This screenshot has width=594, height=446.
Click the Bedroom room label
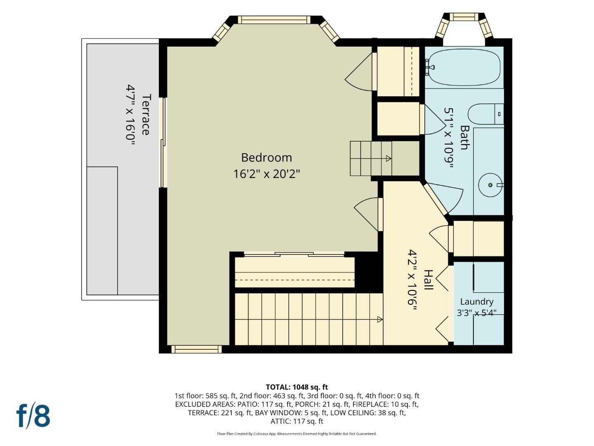(x=266, y=158)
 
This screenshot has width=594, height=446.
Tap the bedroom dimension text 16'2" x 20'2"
(x=266, y=174)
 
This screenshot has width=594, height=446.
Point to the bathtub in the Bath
(x=464, y=67)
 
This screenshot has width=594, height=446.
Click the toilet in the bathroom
(x=486, y=114)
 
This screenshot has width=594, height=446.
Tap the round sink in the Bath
(x=490, y=185)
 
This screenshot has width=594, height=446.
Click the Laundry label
(x=477, y=301)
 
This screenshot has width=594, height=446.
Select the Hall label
(x=428, y=280)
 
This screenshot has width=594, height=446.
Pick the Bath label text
(x=465, y=137)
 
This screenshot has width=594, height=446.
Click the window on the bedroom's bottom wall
(x=196, y=349)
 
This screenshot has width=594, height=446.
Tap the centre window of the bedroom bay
(x=274, y=20)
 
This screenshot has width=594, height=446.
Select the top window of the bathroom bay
(x=464, y=17)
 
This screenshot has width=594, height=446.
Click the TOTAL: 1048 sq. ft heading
(x=297, y=387)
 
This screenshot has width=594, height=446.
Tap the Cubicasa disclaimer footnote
(x=297, y=434)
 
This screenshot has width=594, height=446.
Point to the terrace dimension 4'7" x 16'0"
(x=130, y=116)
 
